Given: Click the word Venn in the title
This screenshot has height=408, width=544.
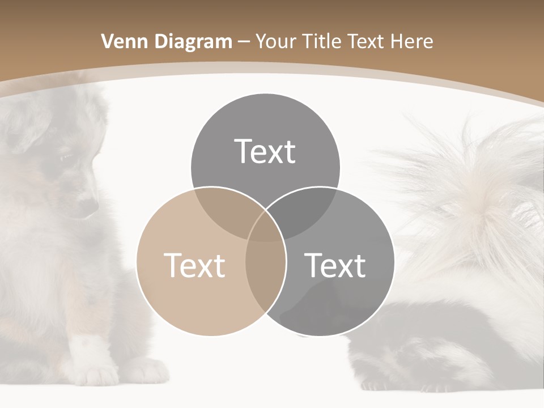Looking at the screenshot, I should pos(121,41).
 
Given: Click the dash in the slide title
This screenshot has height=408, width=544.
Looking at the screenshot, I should pos(244,42).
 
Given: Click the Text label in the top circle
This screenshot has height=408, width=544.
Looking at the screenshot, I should pos(265,151).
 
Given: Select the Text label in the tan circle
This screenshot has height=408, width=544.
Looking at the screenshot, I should pos(194,265).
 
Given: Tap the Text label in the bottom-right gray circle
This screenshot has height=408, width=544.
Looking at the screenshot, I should pos(335,265).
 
